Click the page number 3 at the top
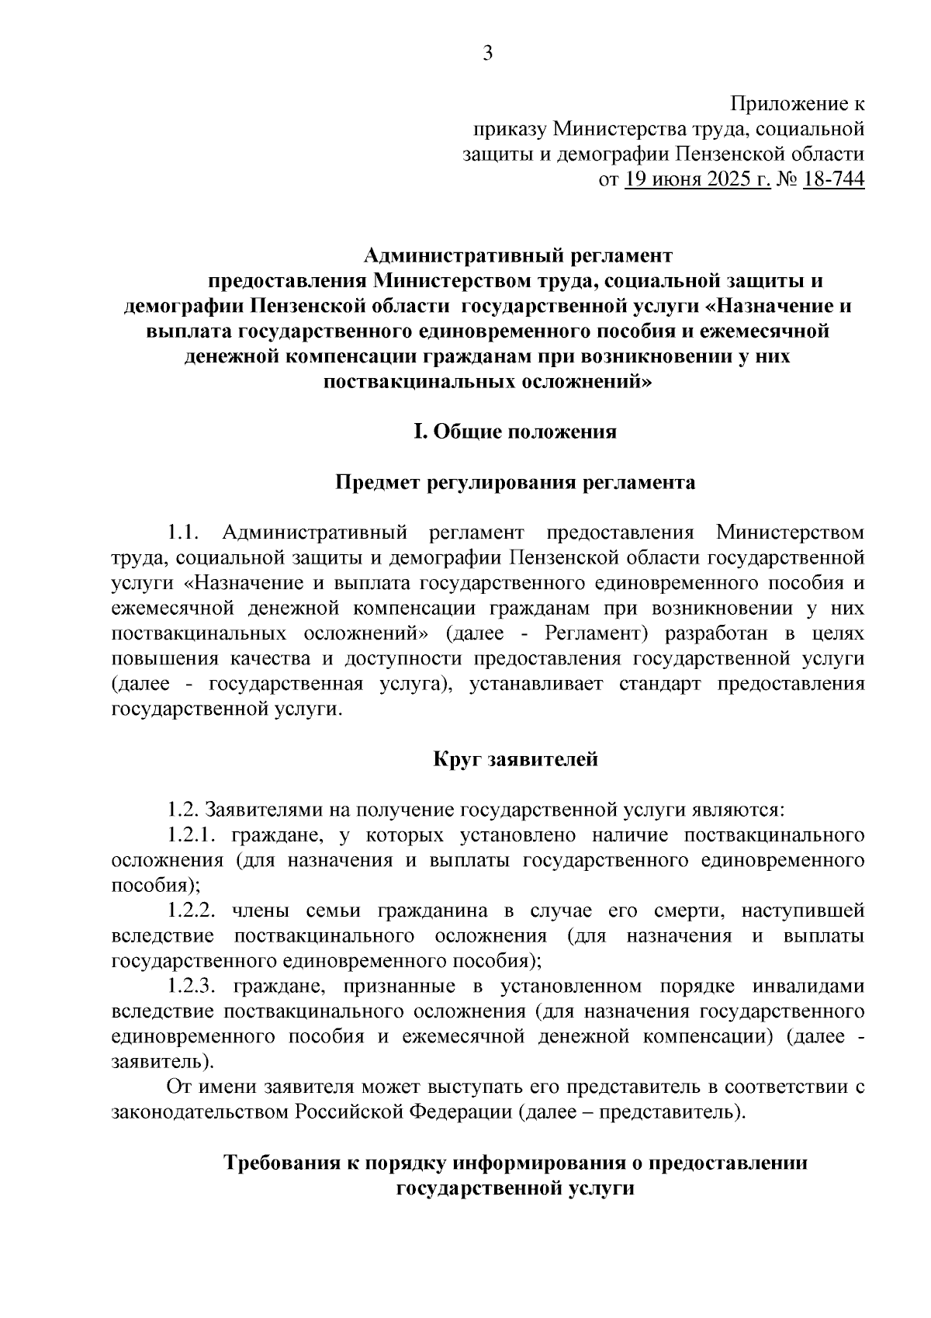click(488, 54)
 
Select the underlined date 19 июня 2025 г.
click(697, 180)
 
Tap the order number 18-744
click(834, 180)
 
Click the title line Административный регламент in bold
click(518, 255)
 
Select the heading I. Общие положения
click(515, 432)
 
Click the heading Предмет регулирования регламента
click(515, 483)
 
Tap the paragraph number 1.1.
click(185, 533)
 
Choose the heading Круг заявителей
click(515, 760)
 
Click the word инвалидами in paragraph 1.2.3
click(808, 987)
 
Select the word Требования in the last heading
click(285, 1163)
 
